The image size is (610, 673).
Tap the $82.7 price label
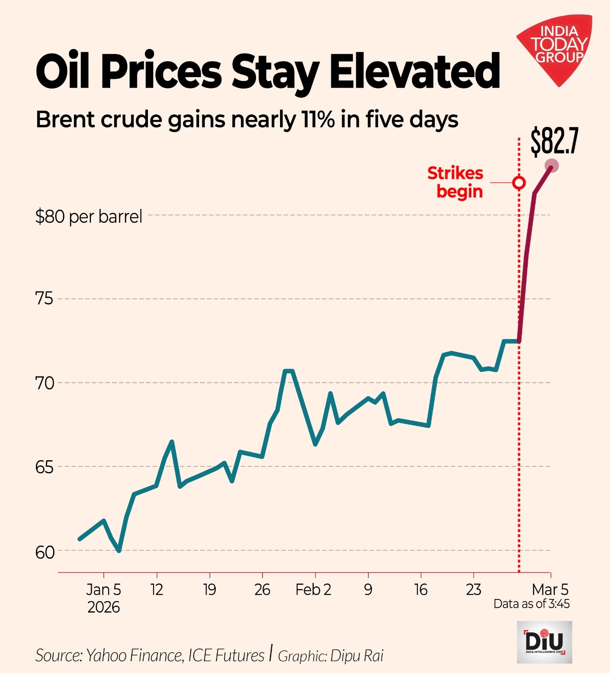point(554,141)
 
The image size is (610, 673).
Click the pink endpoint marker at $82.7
point(552,166)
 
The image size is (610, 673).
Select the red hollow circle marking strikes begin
point(519,183)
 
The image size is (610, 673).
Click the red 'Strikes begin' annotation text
point(456,183)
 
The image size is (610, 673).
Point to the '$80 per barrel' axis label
point(89,216)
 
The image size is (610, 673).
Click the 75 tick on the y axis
point(44,299)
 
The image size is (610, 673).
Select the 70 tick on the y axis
point(44,383)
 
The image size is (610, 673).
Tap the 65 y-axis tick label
point(44,467)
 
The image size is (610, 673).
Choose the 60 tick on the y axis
point(44,552)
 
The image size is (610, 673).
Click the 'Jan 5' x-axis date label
point(103,590)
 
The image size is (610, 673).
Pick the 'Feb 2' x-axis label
point(313,590)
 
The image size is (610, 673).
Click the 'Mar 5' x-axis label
point(550,589)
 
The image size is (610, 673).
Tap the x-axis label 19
point(210,590)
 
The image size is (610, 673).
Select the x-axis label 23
point(473,590)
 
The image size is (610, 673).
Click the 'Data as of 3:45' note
point(531,604)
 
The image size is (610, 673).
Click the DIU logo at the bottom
point(544,642)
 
